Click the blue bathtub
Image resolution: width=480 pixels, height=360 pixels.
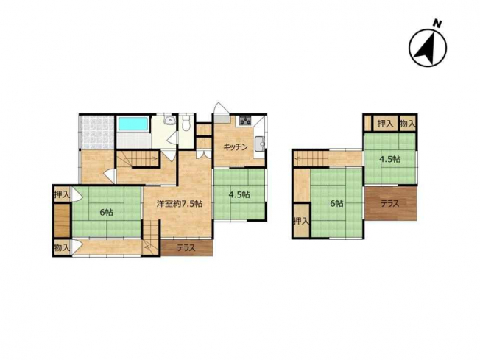[x=133, y=124]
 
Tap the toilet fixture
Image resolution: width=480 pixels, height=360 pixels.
[x=186, y=123]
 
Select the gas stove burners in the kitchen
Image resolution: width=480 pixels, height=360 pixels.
[x=245, y=120]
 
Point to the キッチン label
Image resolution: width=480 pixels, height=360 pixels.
[x=236, y=147]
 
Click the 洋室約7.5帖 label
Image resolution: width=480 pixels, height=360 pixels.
[x=180, y=204]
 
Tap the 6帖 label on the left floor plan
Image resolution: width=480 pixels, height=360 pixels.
[x=106, y=212]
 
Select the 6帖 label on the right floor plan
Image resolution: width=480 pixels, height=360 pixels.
[x=336, y=203]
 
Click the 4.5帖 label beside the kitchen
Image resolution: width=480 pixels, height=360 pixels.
[x=240, y=194]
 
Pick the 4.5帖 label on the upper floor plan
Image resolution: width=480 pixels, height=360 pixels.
[x=389, y=160]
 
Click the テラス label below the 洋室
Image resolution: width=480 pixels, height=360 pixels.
[x=186, y=248]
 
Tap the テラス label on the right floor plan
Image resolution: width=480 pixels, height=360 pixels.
[x=389, y=204]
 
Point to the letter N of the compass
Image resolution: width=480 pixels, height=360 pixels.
[x=438, y=24]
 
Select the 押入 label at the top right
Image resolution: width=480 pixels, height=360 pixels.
[x=385, y=124]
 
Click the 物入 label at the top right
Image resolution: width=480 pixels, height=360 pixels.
[x=407, y=124]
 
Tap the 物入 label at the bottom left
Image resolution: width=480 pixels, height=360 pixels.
[x=62, y=247]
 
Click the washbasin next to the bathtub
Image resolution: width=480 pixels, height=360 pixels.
[x=169, y=120]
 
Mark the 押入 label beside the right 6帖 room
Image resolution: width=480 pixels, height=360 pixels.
[x=301, y=221]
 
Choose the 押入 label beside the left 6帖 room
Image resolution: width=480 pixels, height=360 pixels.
[x=62, y=194]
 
